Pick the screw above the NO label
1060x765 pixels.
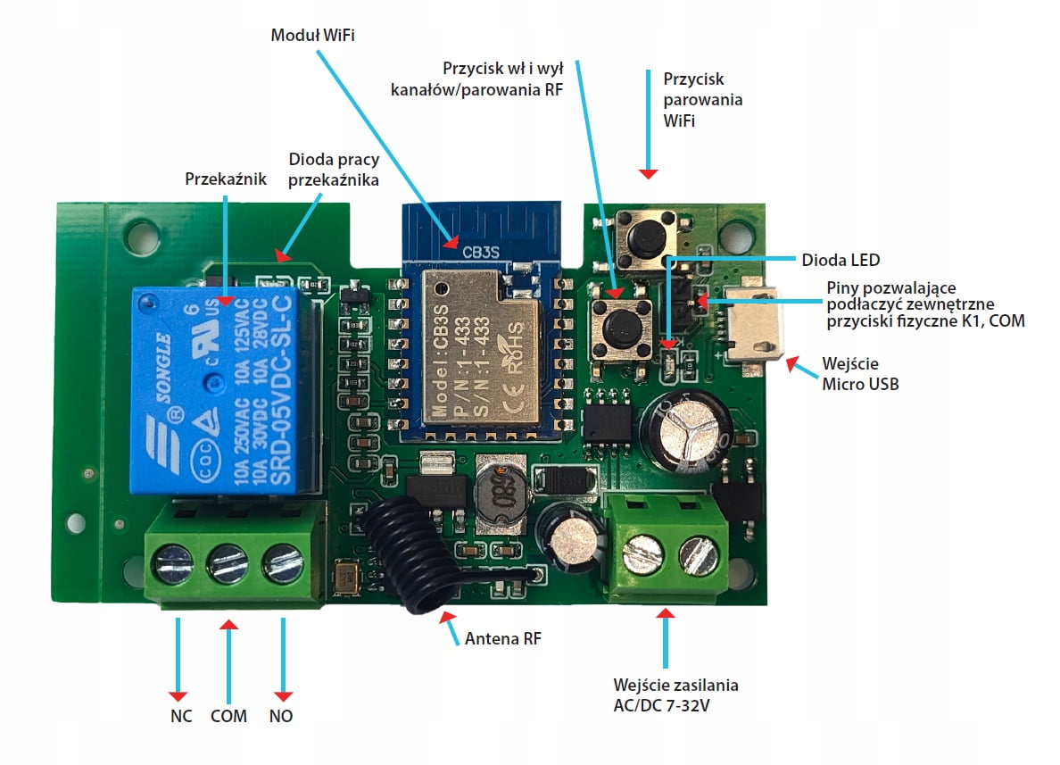click(x=281, y=563)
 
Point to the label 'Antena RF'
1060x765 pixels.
click(x=502, y=638)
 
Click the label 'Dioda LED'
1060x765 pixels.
click(x=840, y=260)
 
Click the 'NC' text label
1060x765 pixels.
click(x=181, y=716)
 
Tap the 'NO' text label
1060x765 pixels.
click(x=281, y=716)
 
